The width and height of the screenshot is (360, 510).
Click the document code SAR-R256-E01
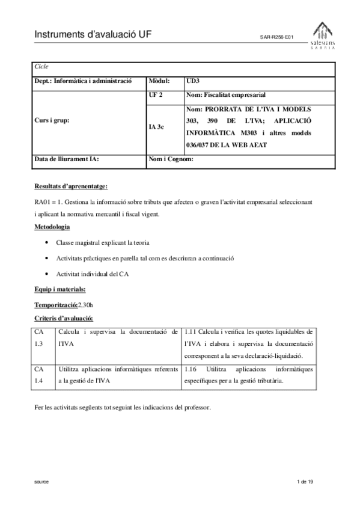[x=276, y=37]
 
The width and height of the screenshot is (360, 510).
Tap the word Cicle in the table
[x=41, y=67]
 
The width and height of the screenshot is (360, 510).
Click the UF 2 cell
[x=156, y=95]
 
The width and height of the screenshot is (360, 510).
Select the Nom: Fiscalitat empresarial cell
[x=225, y=95]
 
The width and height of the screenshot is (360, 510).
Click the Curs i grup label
[x=52, y=120]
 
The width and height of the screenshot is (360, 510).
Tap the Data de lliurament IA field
[x=67, y=159]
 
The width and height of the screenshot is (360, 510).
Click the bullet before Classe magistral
[x=47, y=242]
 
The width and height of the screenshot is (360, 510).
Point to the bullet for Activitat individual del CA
[x=47, y=274]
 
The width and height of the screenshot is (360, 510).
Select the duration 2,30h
[x=85, y=305]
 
